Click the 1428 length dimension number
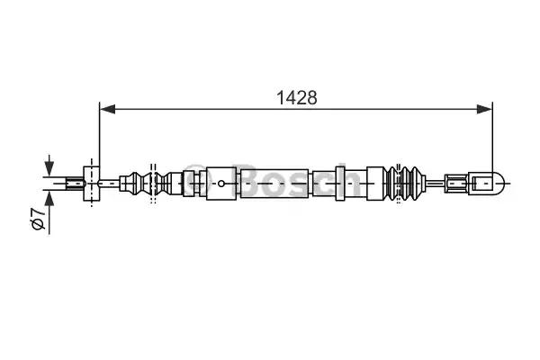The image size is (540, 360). (x=296, y=97)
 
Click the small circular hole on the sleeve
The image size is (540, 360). (x=220, y=184)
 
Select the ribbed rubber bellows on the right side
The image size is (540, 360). (x=410, y=184)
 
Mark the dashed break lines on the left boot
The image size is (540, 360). (x=153, y=184)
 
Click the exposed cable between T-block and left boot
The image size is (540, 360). (x=110, y=184)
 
